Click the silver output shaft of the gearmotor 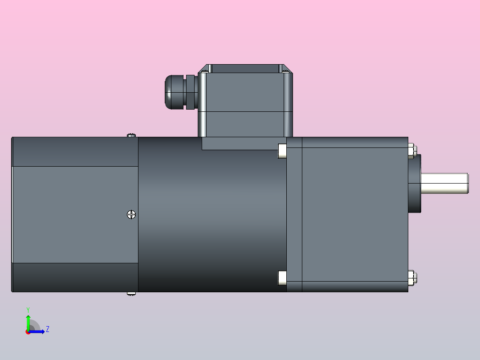pyautogui.click(x=444, y=183)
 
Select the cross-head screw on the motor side pyautogui.click(x=131, y=215)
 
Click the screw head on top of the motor pyautogui.click(x=131, y=135)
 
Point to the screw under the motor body pyautogui.click(x=131, y=294)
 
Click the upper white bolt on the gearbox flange pyautogui.click(x=282, y=151)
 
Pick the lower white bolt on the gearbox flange pyautogui.click(x=282, y=278)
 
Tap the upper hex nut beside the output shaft pyautogui.click(x=411, y=151)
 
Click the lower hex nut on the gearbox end pyautogui.click(x=411, y=278)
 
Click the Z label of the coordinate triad pyautogui.click(x=47, y=329)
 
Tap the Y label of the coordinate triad pyautogui.click(x=28, y=309)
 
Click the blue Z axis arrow pyautogui.click(x=38, y=331)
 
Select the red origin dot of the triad pyautogui.click(x=28, y=332)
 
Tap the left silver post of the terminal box pyautogui.click(x=203, y=105)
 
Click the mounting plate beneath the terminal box pyautogui.click(x=240, y=143)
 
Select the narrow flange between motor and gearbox pyautogui.click(x=294, y=214)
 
